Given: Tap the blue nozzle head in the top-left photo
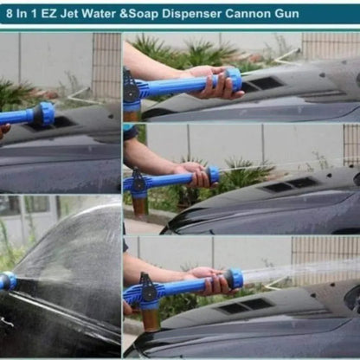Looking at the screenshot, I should (42, 113).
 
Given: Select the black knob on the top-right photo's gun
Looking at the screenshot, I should (132, 89).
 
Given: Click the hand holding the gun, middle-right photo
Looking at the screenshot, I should (192, 174).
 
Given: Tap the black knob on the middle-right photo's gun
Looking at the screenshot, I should (137, 182).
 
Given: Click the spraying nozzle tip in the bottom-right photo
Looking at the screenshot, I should (234, 278).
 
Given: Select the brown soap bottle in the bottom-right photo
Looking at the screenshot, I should (150, 318).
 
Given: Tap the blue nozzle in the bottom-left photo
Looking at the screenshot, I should (7, 280).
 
